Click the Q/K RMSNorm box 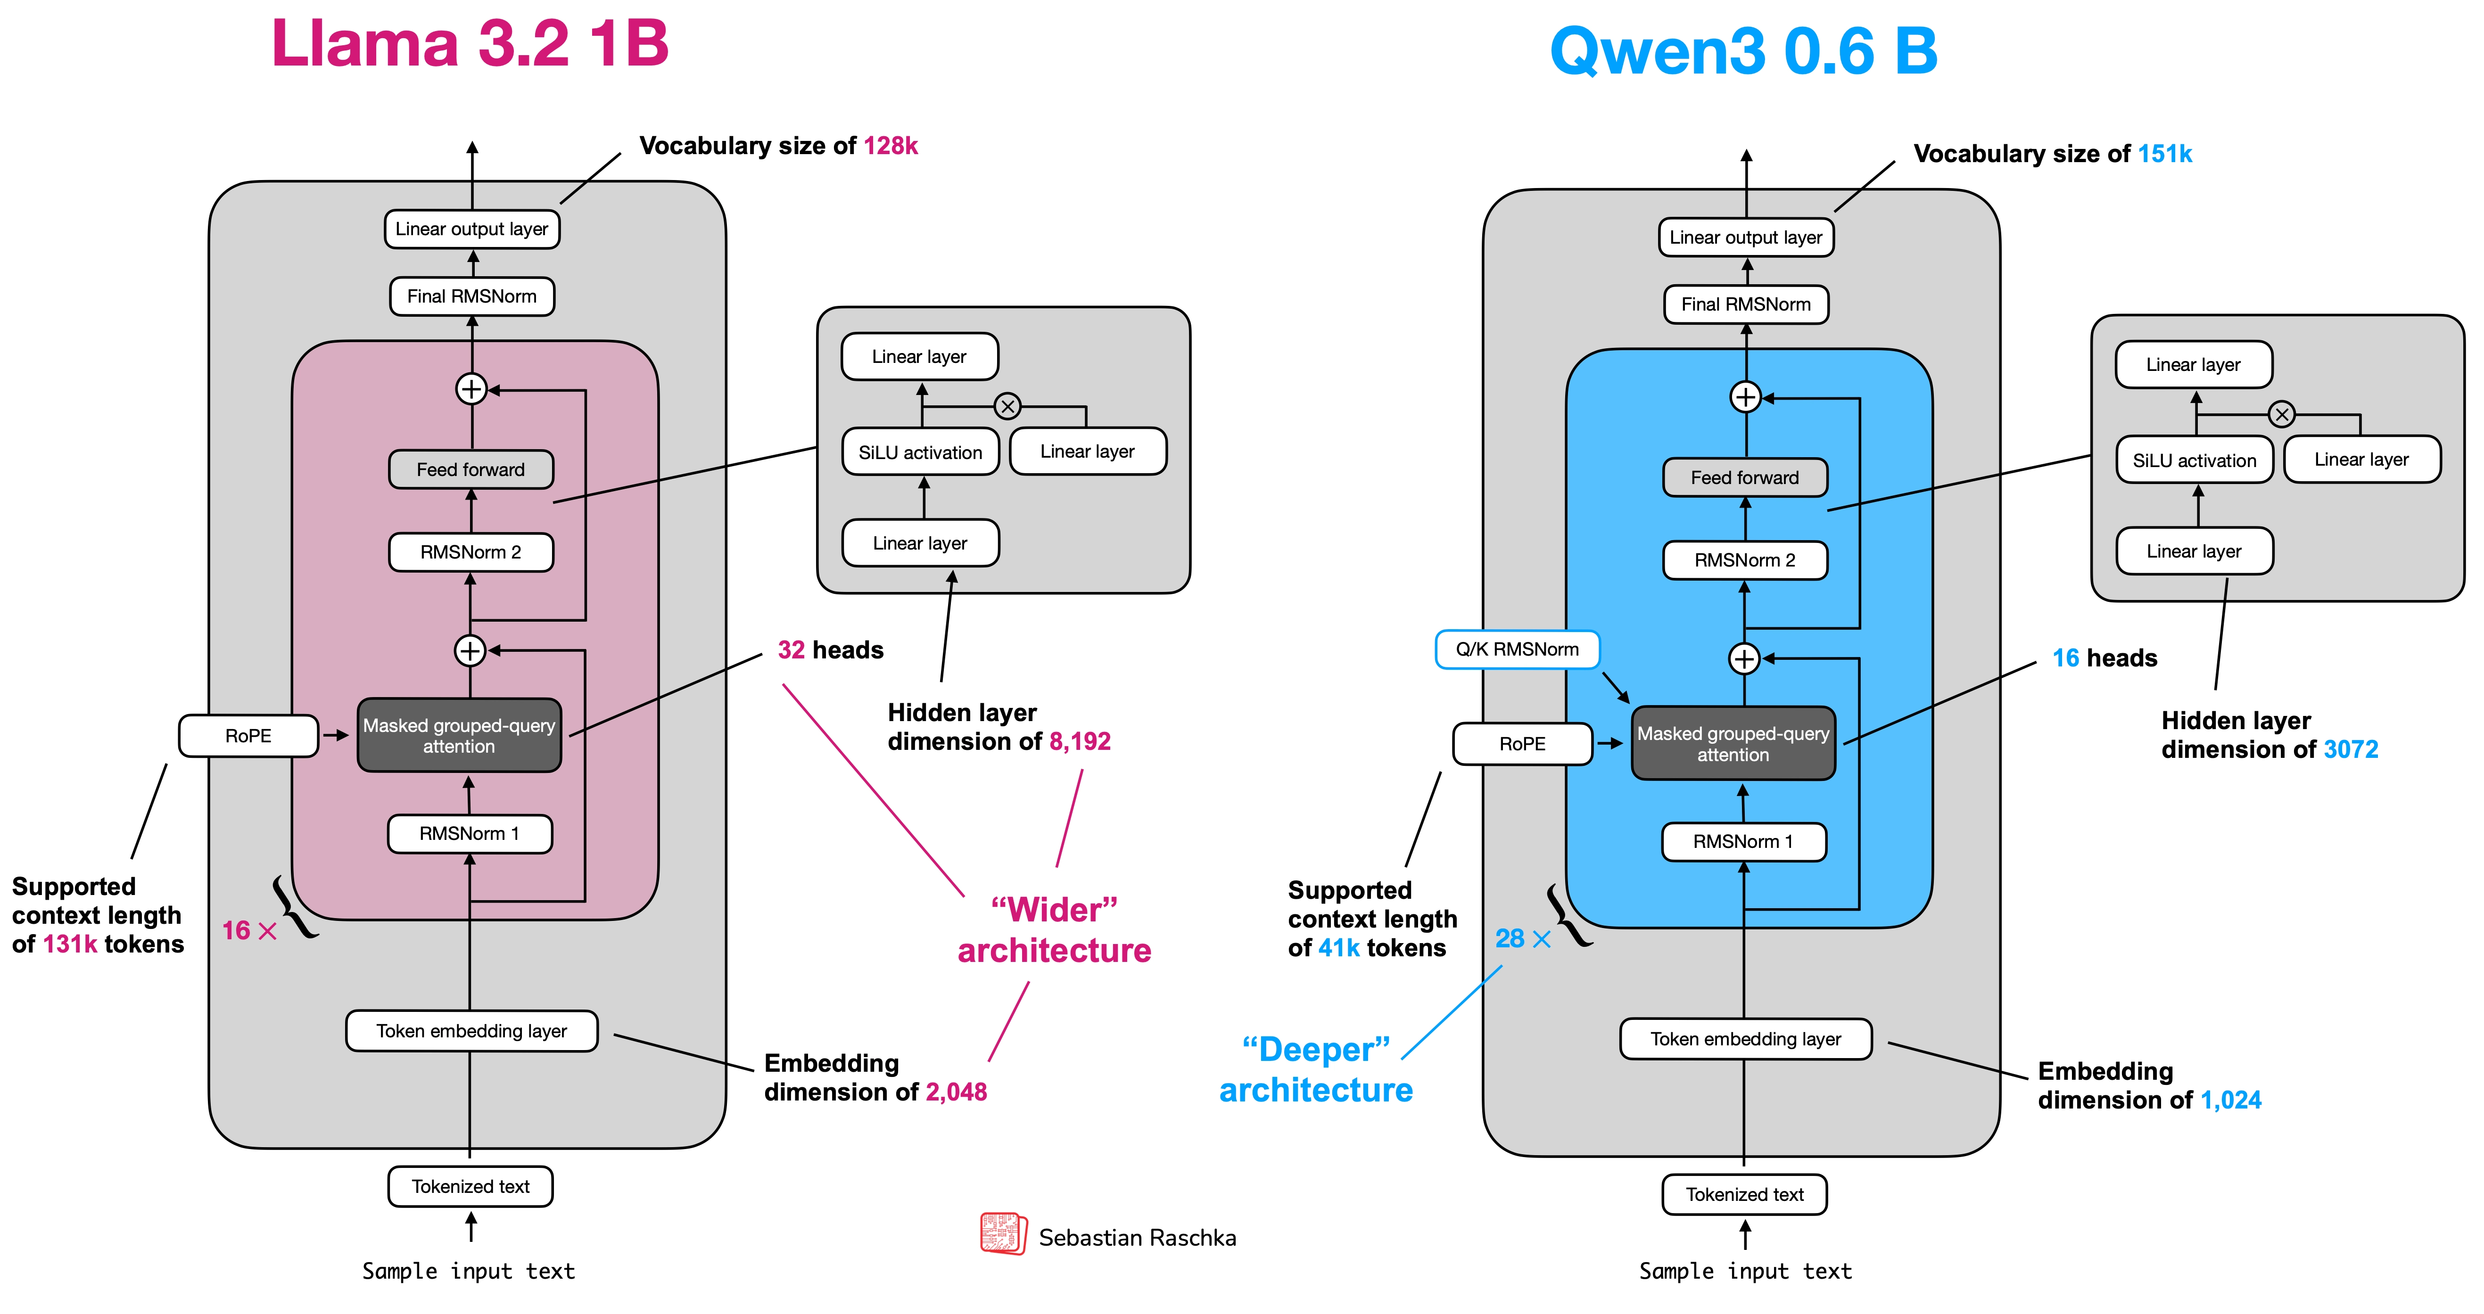click(x=1517, y=649)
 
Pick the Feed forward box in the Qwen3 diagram click(x=1744, y=477)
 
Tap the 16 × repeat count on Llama click(x=249, y=930)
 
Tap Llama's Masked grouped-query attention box click(x=459, y=736)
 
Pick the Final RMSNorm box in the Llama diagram click(x=471, y=296)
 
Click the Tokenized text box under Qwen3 click(x=1744, y=1194)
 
